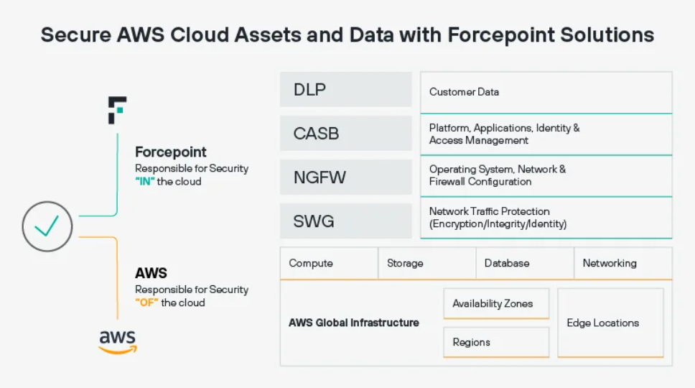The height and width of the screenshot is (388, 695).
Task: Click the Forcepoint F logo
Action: pos(117,110)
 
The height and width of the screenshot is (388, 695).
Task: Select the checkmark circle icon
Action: pos(47,227)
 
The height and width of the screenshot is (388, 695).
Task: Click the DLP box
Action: pos(345,90)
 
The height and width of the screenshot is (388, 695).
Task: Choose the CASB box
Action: pos(345,134)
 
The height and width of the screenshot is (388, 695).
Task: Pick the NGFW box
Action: pos(345,177)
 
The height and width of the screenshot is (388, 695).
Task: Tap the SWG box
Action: pos(345,221)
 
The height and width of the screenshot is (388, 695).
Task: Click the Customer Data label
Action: pos(464,92)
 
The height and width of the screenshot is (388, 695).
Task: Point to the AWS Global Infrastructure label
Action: pos(354,323)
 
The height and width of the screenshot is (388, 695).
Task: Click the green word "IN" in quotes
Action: pos(144,182)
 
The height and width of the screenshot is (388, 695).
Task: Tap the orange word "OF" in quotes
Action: pos(146,302)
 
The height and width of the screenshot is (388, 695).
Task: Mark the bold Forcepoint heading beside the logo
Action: pos(171,152)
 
